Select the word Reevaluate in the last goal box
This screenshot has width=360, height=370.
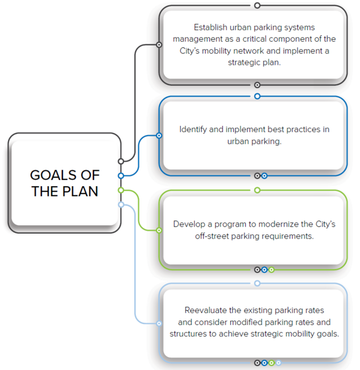[x=206, y=310]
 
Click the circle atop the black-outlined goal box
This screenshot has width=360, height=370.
[x=257, y=5]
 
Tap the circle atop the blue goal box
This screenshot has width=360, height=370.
[x=257, y=96]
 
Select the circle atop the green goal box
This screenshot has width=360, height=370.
[x=257, y=190]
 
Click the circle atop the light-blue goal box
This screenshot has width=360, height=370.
[x=257, y=283]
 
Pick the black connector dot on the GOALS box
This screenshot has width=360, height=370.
[x=121, y=162]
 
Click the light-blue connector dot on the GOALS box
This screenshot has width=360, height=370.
[x=121, y=204]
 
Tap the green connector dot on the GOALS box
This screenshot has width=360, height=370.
[x=121, y=190]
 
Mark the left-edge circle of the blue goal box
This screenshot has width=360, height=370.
[x=159, y=135]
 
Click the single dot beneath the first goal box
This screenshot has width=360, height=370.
[x=257, y=85]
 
